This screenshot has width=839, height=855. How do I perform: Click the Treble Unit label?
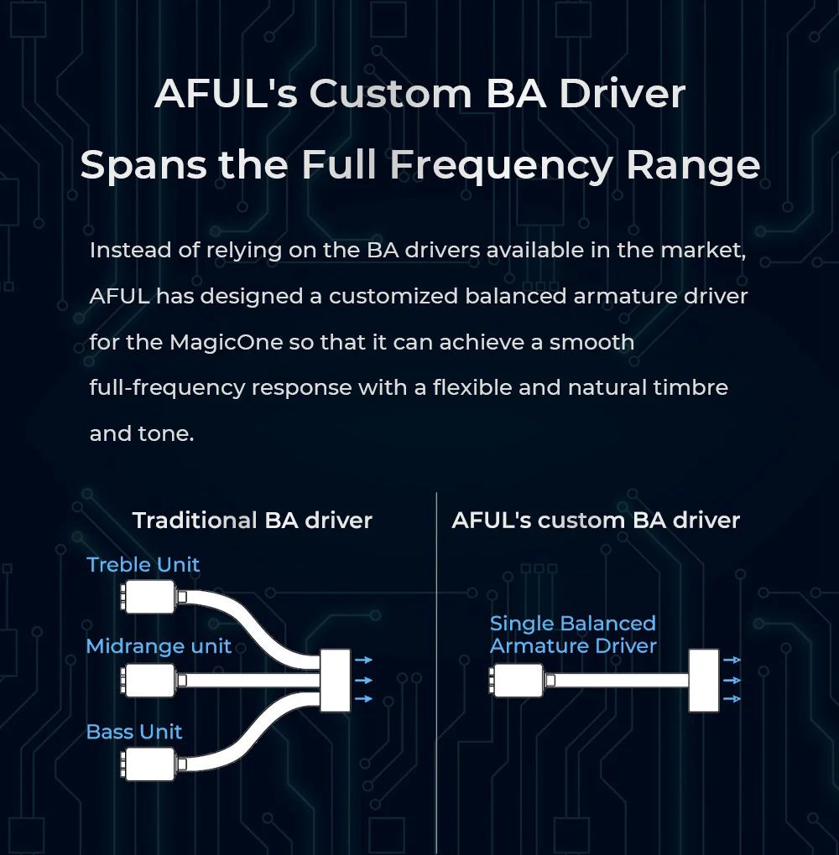point(143,564)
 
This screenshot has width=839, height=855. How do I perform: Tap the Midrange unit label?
point(159,646)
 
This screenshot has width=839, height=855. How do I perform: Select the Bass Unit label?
point(134,732)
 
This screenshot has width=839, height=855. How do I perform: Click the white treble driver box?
point(149,597)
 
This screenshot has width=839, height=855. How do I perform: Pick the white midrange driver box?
point(149,680)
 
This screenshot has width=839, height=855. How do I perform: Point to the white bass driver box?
point(149,764)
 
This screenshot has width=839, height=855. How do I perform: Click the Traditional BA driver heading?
point(253,521)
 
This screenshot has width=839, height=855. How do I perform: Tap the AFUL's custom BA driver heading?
point(596,521)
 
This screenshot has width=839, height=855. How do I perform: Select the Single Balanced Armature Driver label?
point(573,635)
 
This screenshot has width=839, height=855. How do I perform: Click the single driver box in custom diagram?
point(518,680)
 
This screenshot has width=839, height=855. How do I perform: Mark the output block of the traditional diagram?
point(335,680)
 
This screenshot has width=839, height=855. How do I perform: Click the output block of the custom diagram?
point(704,680)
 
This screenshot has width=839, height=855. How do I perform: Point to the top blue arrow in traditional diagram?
point(363,660)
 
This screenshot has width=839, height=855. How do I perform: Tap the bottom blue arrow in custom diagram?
point(732,699)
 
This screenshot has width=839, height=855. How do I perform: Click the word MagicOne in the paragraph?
point(226,343)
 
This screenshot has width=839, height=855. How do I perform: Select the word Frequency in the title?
point(500,165)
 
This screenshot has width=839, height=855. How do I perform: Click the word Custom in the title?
point(391,94)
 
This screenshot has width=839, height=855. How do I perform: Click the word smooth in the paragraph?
point(591,343)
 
